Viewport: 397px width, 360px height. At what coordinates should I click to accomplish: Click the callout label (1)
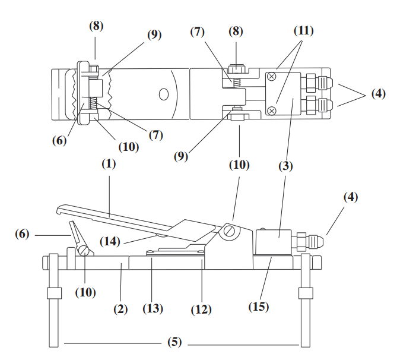coord(109,164)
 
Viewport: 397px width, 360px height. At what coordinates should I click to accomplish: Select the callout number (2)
coord(120,310)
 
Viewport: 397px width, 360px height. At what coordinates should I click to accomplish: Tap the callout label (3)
coord(285,166)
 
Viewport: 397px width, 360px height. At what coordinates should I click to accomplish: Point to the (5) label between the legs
coord(174,342)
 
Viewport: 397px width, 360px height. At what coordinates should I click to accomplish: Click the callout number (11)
coord(304,31)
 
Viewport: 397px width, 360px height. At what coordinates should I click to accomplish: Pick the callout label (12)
coord(201,310)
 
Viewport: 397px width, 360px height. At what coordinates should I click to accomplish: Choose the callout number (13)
coord(153,309)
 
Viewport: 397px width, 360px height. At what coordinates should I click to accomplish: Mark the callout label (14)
coord(110,241)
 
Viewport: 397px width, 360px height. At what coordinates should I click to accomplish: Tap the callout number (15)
coord(259,307)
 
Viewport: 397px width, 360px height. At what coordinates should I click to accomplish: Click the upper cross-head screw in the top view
coord(271,76)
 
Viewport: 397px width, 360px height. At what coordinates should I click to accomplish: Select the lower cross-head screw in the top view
coord(271,110)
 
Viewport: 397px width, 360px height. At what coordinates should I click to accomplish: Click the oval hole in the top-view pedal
coord(164,94)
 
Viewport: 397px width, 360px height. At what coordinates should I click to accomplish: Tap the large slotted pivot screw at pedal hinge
coord(230,231)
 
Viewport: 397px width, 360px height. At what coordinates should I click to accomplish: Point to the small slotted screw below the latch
coord(84,251)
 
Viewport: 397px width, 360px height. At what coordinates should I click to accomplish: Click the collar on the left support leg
coord(54,293)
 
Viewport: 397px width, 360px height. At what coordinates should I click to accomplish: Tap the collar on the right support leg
coord(306,293)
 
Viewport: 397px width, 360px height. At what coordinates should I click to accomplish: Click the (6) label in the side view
coord(23,234)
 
